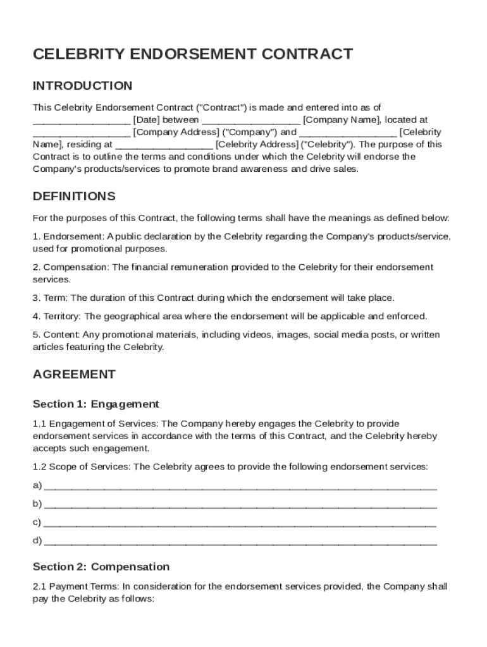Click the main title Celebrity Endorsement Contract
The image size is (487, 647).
(192, 54)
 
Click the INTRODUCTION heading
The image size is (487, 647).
(82, 86)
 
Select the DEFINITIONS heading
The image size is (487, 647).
(74, 196)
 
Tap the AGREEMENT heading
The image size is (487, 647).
(74, 374)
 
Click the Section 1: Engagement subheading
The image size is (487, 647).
(96, 404)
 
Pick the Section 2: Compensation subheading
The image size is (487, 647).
(101, 567)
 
